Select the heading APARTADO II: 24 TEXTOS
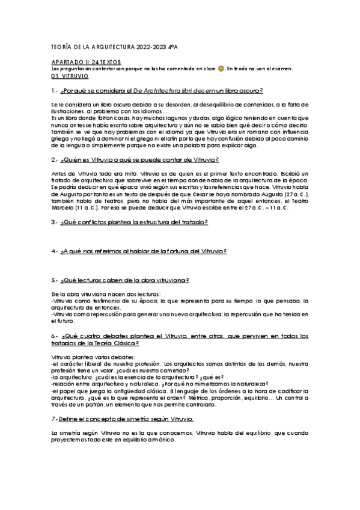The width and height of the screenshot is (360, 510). [x=87, y=62]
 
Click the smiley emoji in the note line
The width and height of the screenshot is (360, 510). [x=221, y=69]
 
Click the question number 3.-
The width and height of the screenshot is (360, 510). [x=55, y=223]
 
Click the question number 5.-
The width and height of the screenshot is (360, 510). [x=55, y=280]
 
